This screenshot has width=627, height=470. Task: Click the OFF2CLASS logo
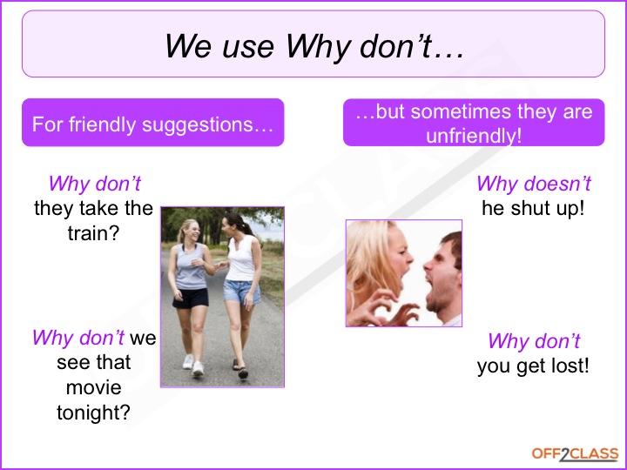[x=575, y=454]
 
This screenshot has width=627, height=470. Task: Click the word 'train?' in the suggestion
[x=93, y=233]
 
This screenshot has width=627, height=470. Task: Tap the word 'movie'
[x=93, y=387]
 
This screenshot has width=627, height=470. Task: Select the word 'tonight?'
[x=93, y=413]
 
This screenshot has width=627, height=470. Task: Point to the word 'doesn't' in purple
[x=557, y=184]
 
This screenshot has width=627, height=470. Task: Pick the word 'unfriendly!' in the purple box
[x=474, y=136]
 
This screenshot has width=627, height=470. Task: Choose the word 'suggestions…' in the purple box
[x=207, y=124]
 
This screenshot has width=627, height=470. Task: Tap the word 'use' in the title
[x=248, y=47]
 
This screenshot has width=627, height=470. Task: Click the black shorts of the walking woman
[x=191, y=299]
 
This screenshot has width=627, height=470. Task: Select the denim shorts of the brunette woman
[x=241, y=292]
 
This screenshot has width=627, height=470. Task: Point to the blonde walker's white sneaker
[x=198, y=368]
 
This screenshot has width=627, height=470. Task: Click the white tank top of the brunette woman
[x=241, y=258]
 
